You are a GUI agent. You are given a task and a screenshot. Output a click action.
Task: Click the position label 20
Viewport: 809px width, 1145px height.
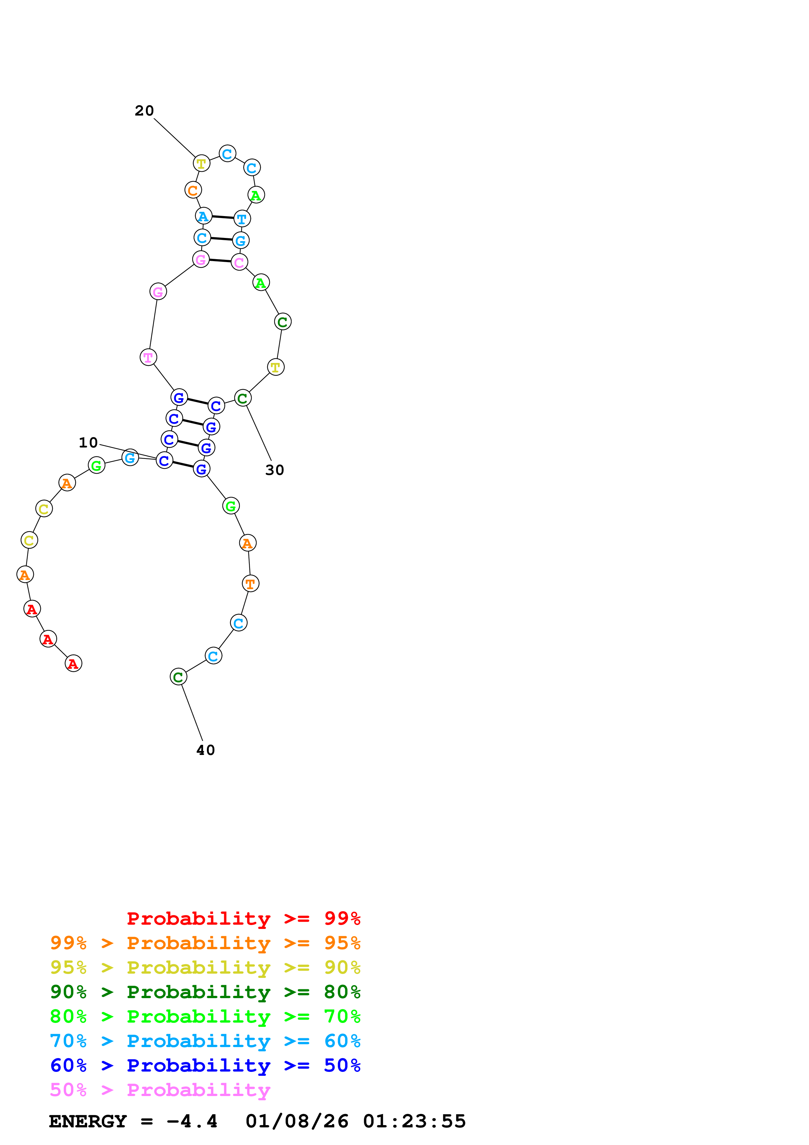coord(144,111)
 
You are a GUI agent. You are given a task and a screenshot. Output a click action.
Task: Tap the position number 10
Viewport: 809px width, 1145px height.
coord(88,442)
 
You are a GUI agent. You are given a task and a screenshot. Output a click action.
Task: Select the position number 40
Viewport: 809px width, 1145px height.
coord(205,750)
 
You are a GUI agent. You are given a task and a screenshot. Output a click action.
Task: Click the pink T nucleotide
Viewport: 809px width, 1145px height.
coord(148,357)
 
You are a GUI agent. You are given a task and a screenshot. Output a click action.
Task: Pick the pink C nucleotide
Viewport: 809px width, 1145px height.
coord(239,262)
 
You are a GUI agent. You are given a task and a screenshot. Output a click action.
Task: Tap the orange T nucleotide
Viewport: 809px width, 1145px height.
coord(250,584)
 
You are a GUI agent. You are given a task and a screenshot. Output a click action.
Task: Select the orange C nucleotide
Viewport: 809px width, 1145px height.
coord(193,190)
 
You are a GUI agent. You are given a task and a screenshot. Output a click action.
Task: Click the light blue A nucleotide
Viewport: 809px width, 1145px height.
coord(203,216)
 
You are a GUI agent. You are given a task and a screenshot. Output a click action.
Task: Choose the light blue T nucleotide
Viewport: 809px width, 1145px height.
coord(242,218)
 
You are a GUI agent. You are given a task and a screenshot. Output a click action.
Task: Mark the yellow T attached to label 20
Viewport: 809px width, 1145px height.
coord(201,163)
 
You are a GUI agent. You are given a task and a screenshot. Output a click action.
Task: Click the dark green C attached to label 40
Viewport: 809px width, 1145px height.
coord(179,677)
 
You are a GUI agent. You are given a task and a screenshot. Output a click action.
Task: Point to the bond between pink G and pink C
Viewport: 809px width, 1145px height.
coord(220,261)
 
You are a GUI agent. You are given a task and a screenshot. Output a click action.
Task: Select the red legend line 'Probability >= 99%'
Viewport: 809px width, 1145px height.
coord(243,918)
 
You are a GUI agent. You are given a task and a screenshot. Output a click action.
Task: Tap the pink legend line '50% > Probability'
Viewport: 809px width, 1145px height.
coord(160,1090)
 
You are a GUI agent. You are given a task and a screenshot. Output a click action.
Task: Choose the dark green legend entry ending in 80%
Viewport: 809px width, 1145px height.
coord(205,992)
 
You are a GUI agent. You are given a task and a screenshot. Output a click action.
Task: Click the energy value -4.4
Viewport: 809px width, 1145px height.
coord(192,1121)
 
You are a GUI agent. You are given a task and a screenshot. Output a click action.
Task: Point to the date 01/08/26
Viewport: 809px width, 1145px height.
coord(297,1121)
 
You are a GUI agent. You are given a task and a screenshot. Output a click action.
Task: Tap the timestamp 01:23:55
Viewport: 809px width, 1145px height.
coord(414,1121)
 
